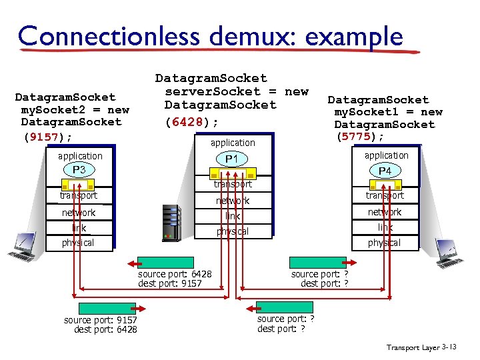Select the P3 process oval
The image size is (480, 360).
click(79, 170)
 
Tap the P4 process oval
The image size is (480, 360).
click(385, 171)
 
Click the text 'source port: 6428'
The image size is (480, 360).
click(175, 275)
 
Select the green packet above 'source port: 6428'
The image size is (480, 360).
click(165, 263)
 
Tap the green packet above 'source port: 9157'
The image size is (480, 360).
click(107, 309)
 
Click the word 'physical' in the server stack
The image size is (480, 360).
click(232, 232)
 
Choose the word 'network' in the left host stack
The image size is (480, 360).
click(79, 213)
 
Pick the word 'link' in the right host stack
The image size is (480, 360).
click(385, 227)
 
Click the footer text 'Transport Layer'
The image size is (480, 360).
click(412, 347)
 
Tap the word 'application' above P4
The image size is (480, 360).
click(386, 155)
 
